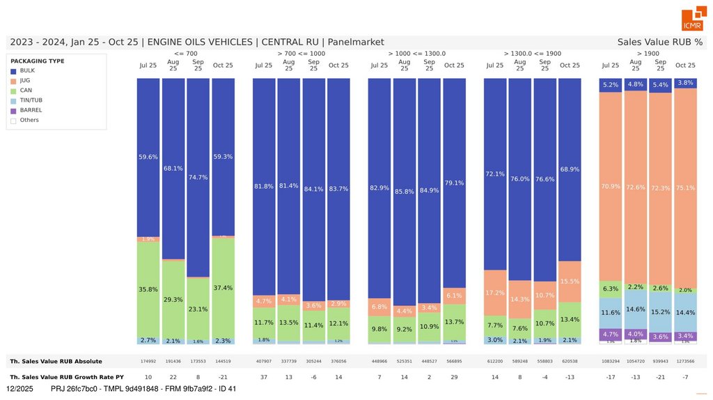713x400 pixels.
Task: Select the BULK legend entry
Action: click(x=28, y=70)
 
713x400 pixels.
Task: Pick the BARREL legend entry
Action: click(x=31, y=110)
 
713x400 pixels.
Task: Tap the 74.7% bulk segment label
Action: click(x=198, y=177)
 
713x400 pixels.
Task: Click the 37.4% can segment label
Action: click(x=223, y=288)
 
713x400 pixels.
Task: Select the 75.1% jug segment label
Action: click(x=685, y=187)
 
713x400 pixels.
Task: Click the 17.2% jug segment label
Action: click(x=495, y=293)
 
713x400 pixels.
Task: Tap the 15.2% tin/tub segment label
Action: click(x=660, y=312)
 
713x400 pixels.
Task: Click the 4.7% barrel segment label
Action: click(x=610, y=334)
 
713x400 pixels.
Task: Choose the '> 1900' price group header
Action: click(x=648, y=53)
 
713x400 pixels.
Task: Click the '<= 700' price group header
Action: click(x=185, y=53)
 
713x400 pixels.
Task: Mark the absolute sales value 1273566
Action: click(x=685, y=361)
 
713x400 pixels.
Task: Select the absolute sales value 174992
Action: click(x=148, y=361)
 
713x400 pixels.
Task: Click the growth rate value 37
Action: click(x=264, y=376)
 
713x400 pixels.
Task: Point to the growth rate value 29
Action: click(x=454, y=376)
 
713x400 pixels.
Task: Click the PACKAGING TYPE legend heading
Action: click(x=38, y=61)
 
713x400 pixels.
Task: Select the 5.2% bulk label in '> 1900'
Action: click(x=610, y=85)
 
